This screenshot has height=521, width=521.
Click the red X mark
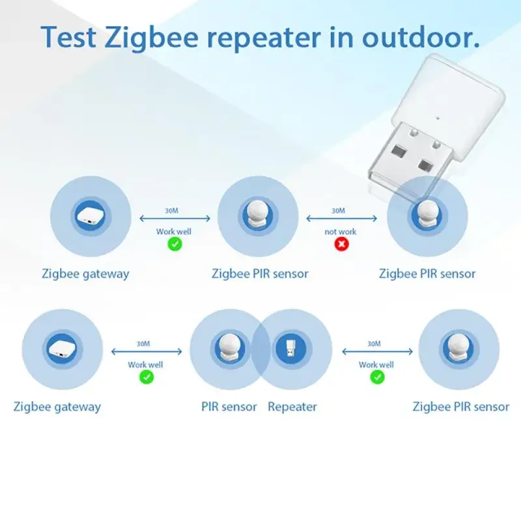tap(341, 244)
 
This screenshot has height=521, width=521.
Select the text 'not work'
tap(341, 231)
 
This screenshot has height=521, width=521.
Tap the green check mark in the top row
tap(175, 244)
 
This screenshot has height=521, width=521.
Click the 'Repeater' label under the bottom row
tap(292, 407)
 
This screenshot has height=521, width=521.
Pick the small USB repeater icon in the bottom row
tap(291, 348)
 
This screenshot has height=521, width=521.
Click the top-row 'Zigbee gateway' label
tap(85, 274)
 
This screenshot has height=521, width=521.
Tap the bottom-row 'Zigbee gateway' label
tap(57, 407)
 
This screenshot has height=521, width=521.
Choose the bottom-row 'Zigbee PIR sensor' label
tap(461, 407)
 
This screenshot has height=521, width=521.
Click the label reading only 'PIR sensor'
tap(229, 407)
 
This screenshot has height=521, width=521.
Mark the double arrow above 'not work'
tap(340, 219)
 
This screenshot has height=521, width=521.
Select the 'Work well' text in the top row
tap(174, 231)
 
